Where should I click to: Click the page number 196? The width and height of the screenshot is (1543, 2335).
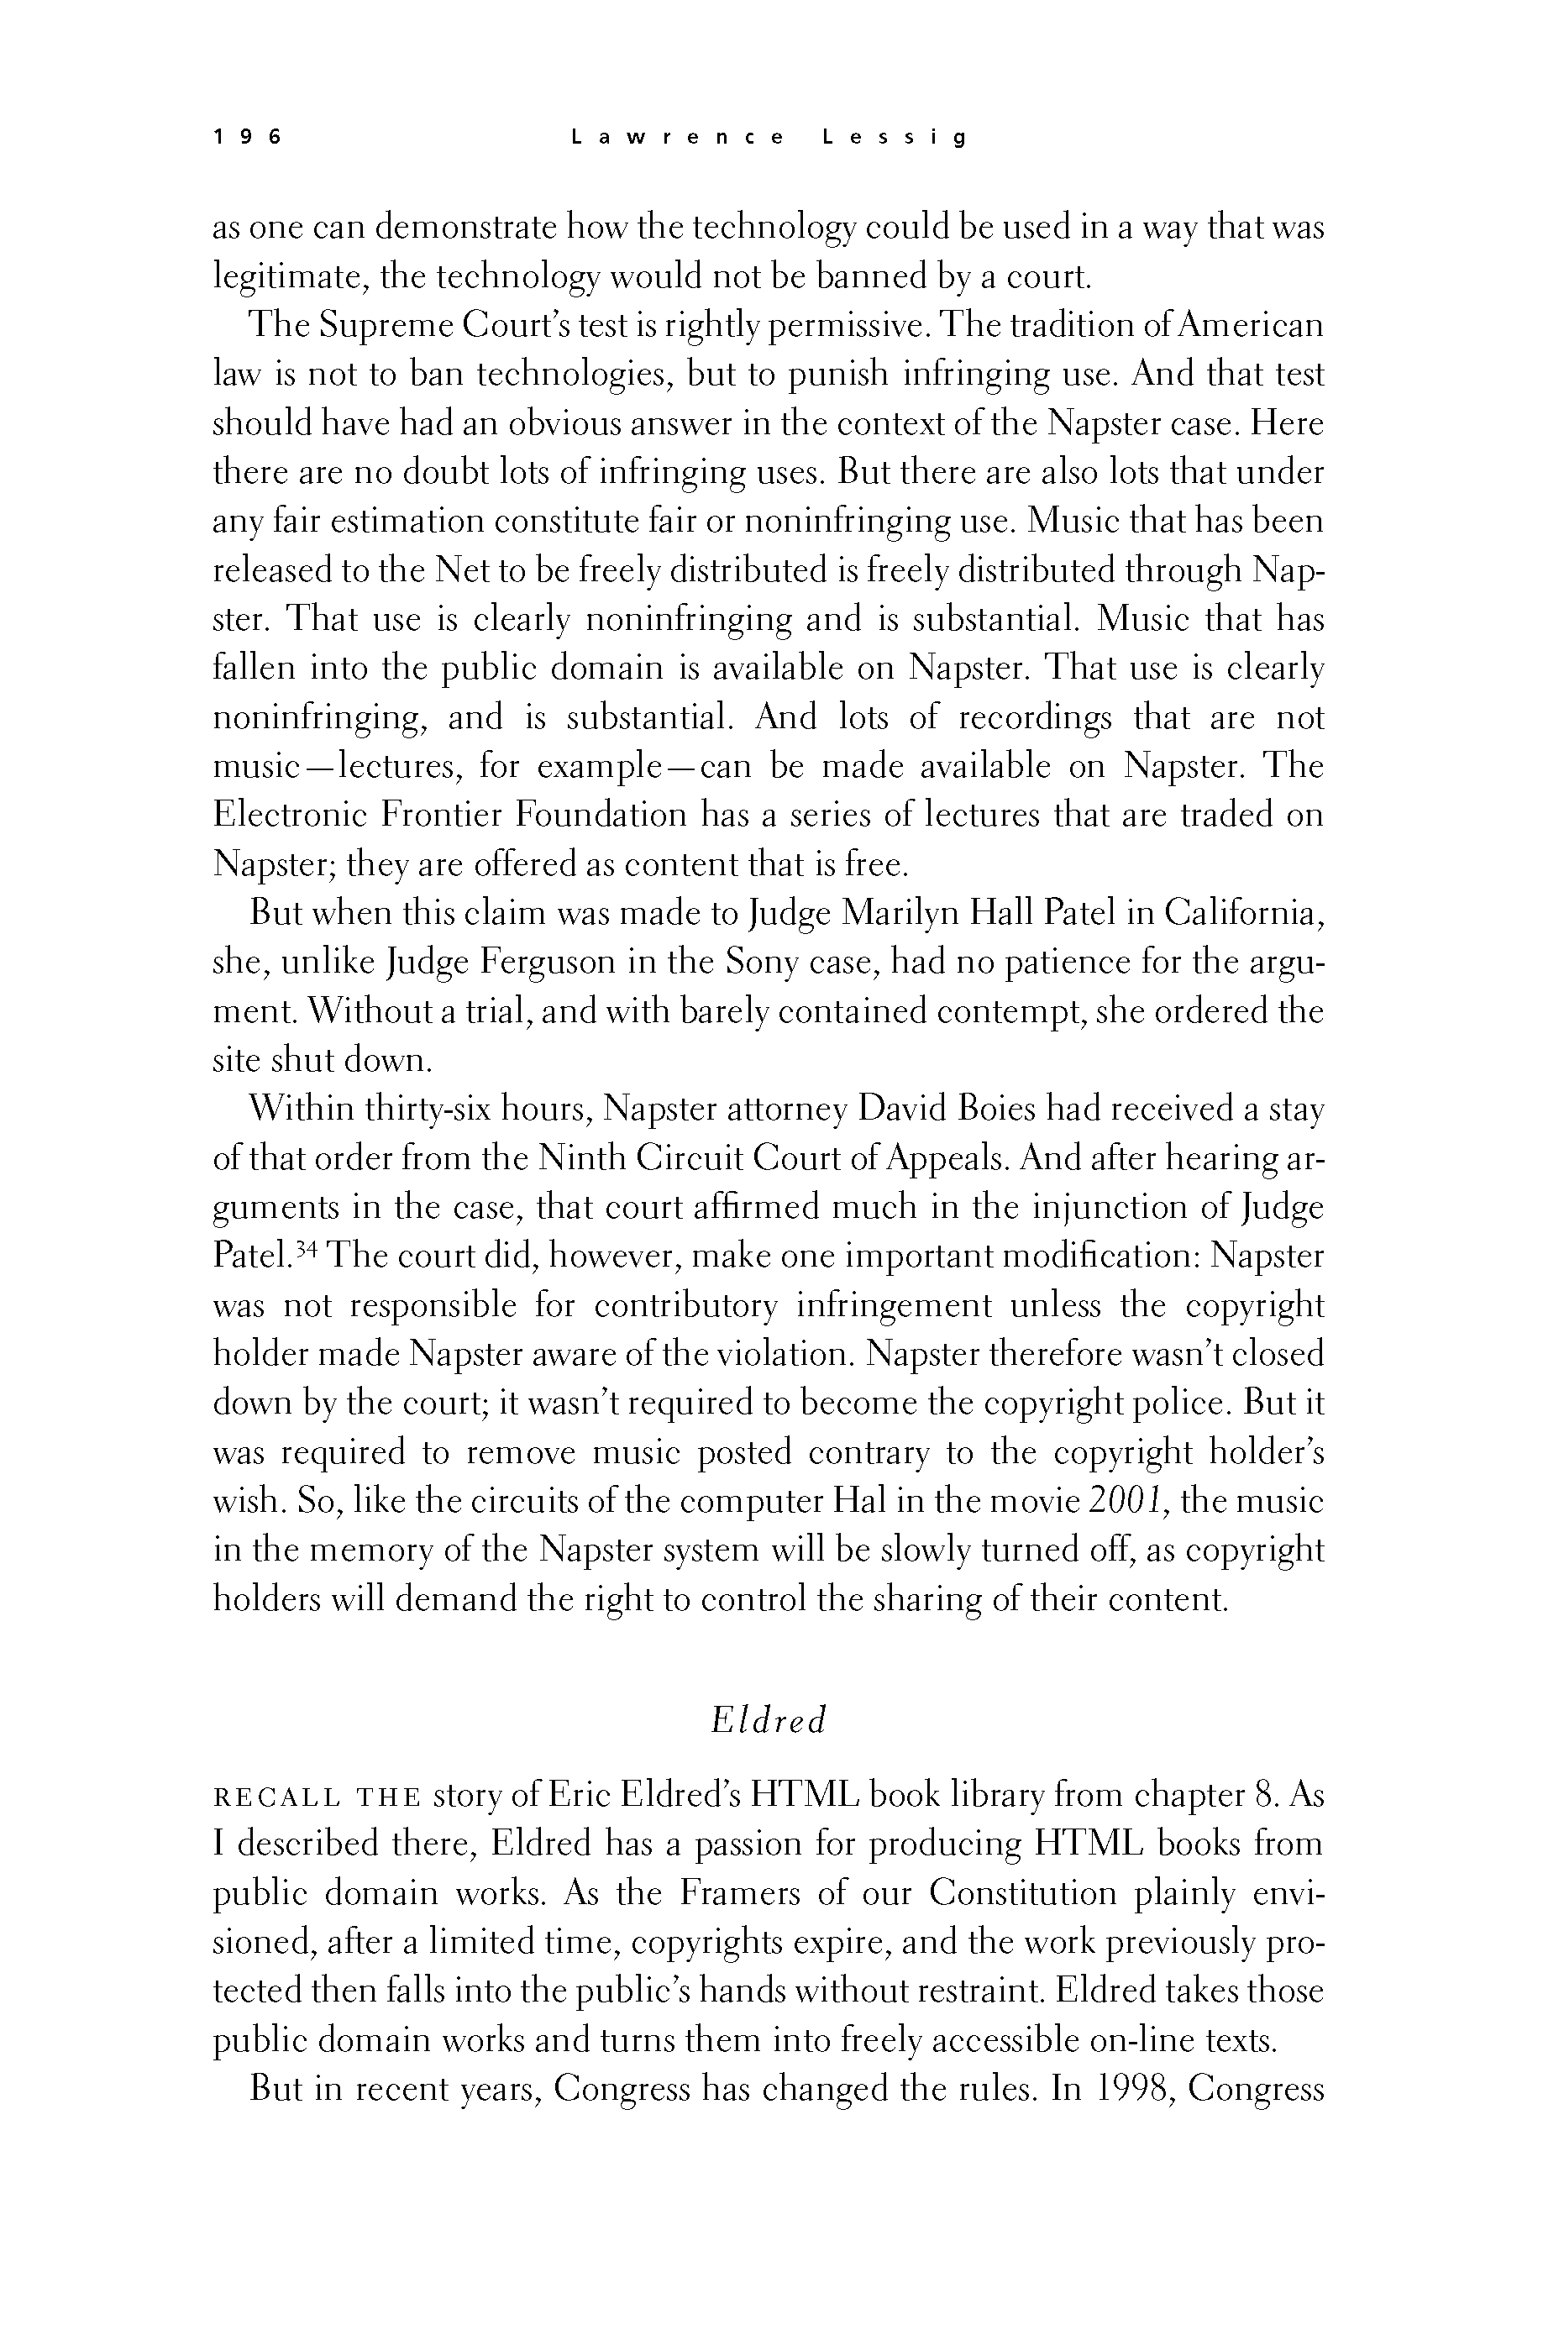point(247,138)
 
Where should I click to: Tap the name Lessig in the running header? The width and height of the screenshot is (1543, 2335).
point(895,138)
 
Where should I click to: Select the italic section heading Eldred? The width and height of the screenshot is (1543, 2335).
point(769,1720)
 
